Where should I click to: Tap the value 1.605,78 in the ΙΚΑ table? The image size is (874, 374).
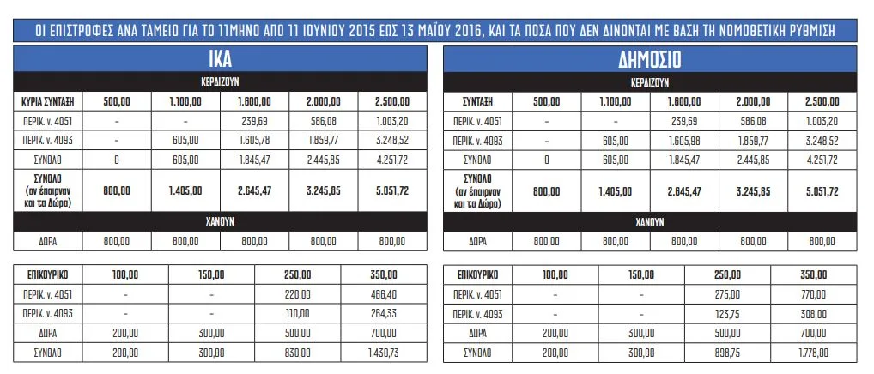[254, 139]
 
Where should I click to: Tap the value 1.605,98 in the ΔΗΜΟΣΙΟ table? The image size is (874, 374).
[683, 139]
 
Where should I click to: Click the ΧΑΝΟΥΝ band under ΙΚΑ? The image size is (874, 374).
[221, 221]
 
